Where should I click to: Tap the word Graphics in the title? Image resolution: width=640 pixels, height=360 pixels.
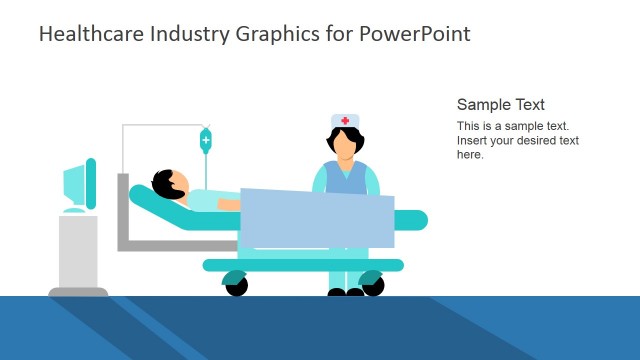click(274, 34)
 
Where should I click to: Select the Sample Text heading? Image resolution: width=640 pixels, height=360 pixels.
click(501, 105)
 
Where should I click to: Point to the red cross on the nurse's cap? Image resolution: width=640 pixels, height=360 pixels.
click(346, 121)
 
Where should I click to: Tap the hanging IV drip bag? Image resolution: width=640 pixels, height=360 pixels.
click(206, 140)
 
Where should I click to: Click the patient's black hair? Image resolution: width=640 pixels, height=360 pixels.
click(163, 182)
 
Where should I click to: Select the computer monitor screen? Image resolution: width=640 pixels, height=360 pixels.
click(75, 185)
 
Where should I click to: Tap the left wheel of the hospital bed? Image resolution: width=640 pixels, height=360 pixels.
click(236, 286)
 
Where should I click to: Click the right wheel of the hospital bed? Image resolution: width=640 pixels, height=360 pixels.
click(373, 286)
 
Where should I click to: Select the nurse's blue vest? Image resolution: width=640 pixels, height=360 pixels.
click(345, 178)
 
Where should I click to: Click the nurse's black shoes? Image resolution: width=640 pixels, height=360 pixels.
click(346, 293)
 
